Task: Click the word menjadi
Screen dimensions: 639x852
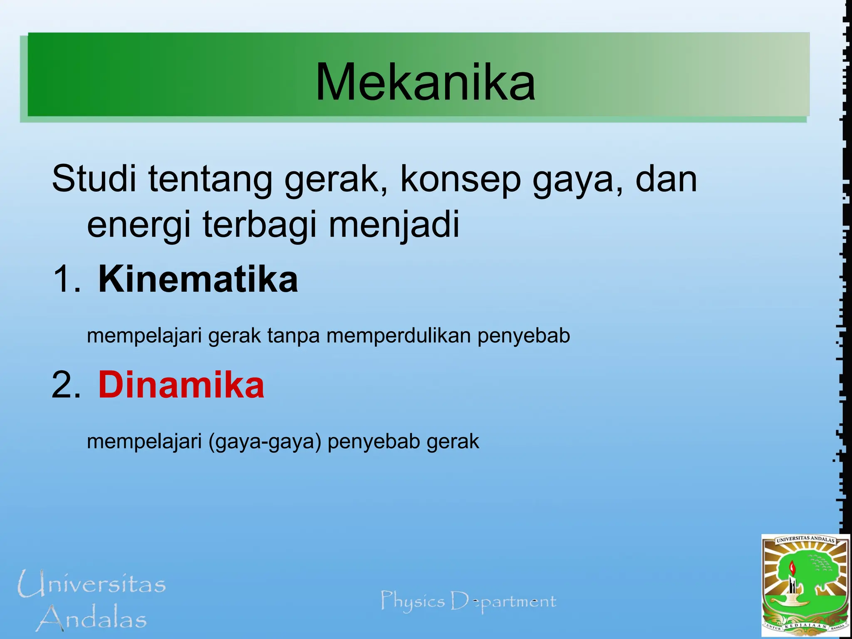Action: pyautogui.click(x=394, y=225)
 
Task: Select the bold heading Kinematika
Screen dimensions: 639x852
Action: pyautogui.click(x=198, y=279)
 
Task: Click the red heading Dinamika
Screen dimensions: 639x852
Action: pyautogui.click(x=181, y=385)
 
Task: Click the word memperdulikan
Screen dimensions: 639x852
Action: pyautogui.click(x=399, y=336)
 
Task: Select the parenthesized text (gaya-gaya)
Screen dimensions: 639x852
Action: pyautogui.click(x=265, y=441)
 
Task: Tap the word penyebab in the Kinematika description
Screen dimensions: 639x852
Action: pyautogui.click(x=524, y=336)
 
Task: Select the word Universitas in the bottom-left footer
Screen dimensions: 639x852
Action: pyautogui.click(x=92, y=584)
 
